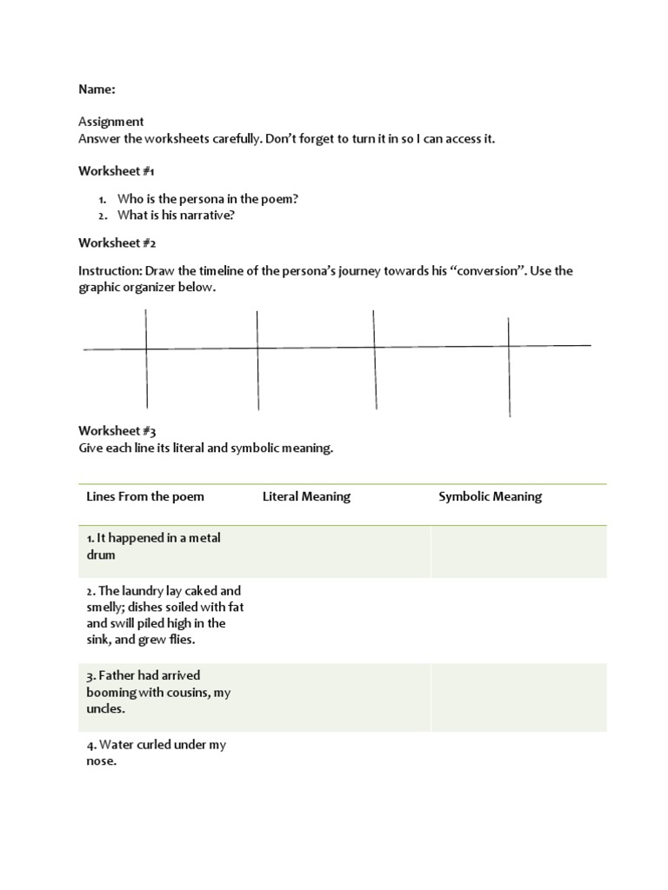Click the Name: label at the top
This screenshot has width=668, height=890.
tap(97, 89)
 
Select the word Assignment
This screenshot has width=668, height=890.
tap(111, 122)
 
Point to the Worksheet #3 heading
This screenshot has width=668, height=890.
tap(117, 430)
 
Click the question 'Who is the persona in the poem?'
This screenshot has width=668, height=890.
tap(208, 199)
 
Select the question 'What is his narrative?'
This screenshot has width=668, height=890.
tap(176, 216)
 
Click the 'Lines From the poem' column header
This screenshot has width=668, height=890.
tap(145, 496)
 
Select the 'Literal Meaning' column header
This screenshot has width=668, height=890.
tap(306, 496)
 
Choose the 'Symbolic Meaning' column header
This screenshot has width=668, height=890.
tap(490, 496)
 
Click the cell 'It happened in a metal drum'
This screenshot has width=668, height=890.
tap(153, 546)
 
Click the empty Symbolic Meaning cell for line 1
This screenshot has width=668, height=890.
tap(518, 551)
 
